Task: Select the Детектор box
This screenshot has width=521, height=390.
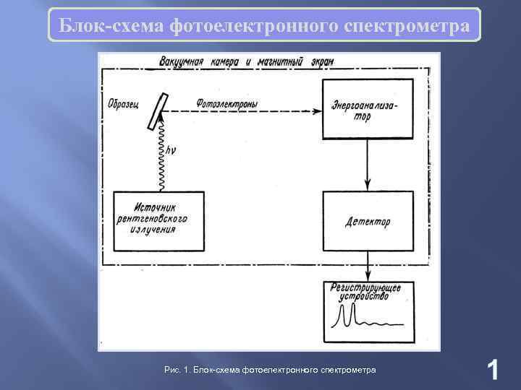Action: pos(368,221)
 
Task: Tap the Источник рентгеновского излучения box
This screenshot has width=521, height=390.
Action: pos(159,221)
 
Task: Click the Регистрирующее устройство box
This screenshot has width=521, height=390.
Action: pos(368,312)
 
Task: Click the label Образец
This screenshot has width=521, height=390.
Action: pos(122,100)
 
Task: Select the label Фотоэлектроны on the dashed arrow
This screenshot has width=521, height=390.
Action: pos(226,104)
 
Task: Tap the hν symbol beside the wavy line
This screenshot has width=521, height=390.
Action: pos(171,151)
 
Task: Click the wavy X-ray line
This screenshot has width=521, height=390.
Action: pos(161,155)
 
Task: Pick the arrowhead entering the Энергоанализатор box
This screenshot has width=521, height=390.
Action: pos(318,111)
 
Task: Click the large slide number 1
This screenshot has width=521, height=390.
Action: pos(492,370)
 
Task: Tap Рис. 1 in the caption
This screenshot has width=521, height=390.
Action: pos(177,370)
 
